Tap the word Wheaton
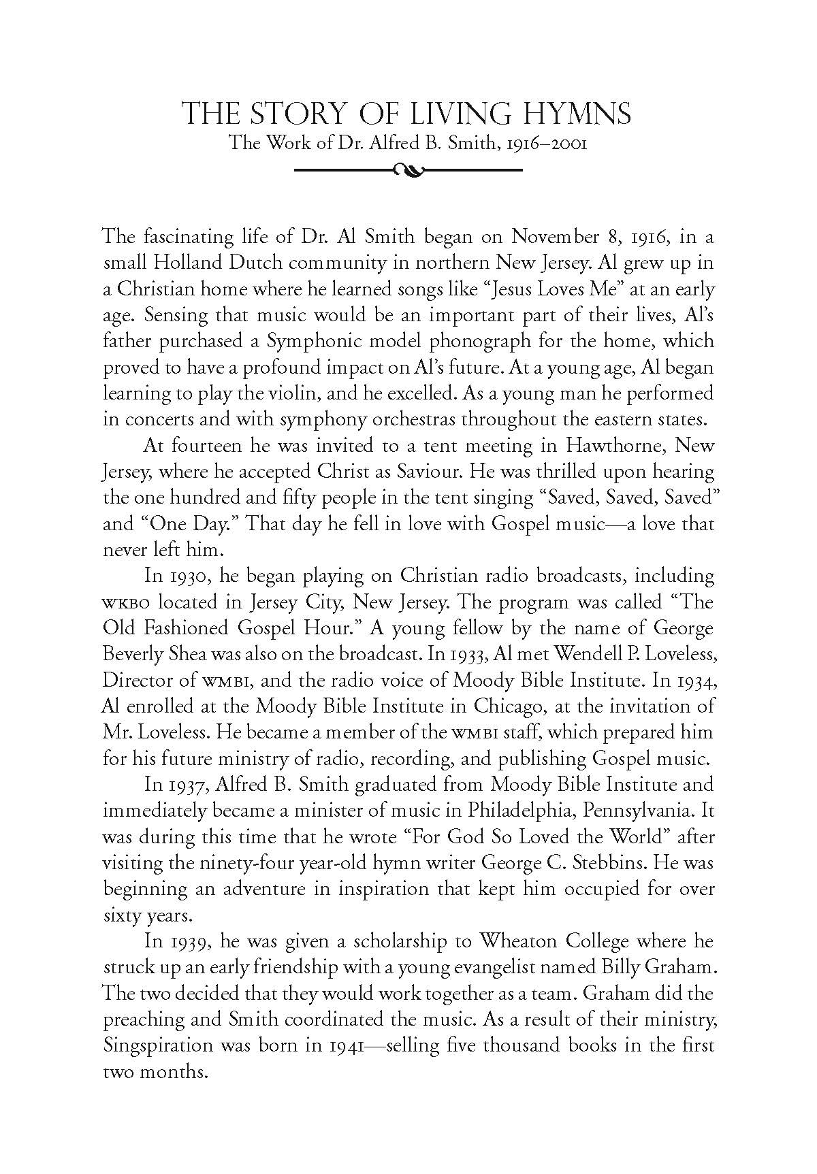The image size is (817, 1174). [x=520, y=941]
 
